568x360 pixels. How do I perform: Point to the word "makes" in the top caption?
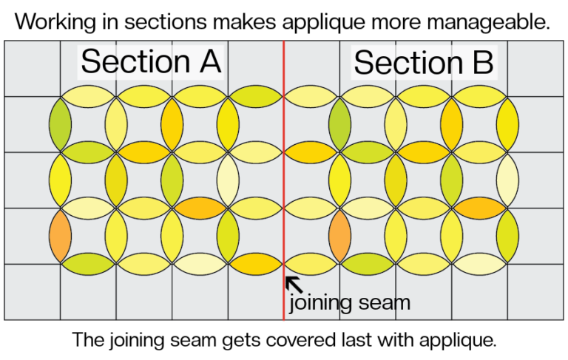pos(245,21)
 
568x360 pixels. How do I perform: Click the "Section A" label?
pos(151,61)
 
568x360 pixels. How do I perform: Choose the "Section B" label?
pos(424,62)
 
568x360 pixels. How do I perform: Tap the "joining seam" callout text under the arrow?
pos(350,302)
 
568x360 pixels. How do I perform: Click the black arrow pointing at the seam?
pos(294,285)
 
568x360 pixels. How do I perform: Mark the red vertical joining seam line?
pos(284,180)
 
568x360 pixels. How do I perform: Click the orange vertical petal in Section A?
pos(60,236)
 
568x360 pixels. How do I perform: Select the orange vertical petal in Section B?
pos(339,236)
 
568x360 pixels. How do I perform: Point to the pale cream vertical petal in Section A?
pos(229,180)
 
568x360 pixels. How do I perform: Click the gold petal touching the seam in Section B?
pos(311,152)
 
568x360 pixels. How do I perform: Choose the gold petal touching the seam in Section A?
pos(256,264)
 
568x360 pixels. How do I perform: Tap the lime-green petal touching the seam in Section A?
pos(256,96)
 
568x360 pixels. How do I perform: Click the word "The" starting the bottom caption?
pos(87,340)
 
